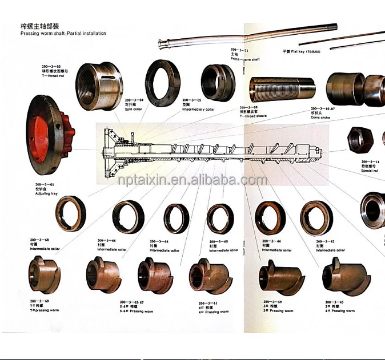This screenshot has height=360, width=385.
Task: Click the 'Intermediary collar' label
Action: [x=198, y=109]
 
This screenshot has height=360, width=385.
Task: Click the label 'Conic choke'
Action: [x=322, y=116]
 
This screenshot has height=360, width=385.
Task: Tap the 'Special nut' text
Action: [x=372, y=170]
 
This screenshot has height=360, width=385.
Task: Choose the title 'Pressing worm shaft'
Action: [x=63, y=34]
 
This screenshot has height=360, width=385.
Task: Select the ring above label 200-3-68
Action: [x=70, y=213]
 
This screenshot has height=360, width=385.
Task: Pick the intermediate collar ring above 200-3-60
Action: [x=220, y=218]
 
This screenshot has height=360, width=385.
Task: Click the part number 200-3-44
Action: [x=271, y=241]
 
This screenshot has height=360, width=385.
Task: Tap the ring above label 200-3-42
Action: [x=320, y=217]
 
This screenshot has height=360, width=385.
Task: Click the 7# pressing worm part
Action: [x=45, y=273]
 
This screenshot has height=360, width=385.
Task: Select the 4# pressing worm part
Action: [x=211, y=275]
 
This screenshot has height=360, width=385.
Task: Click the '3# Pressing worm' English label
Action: [x=281, y=311]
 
